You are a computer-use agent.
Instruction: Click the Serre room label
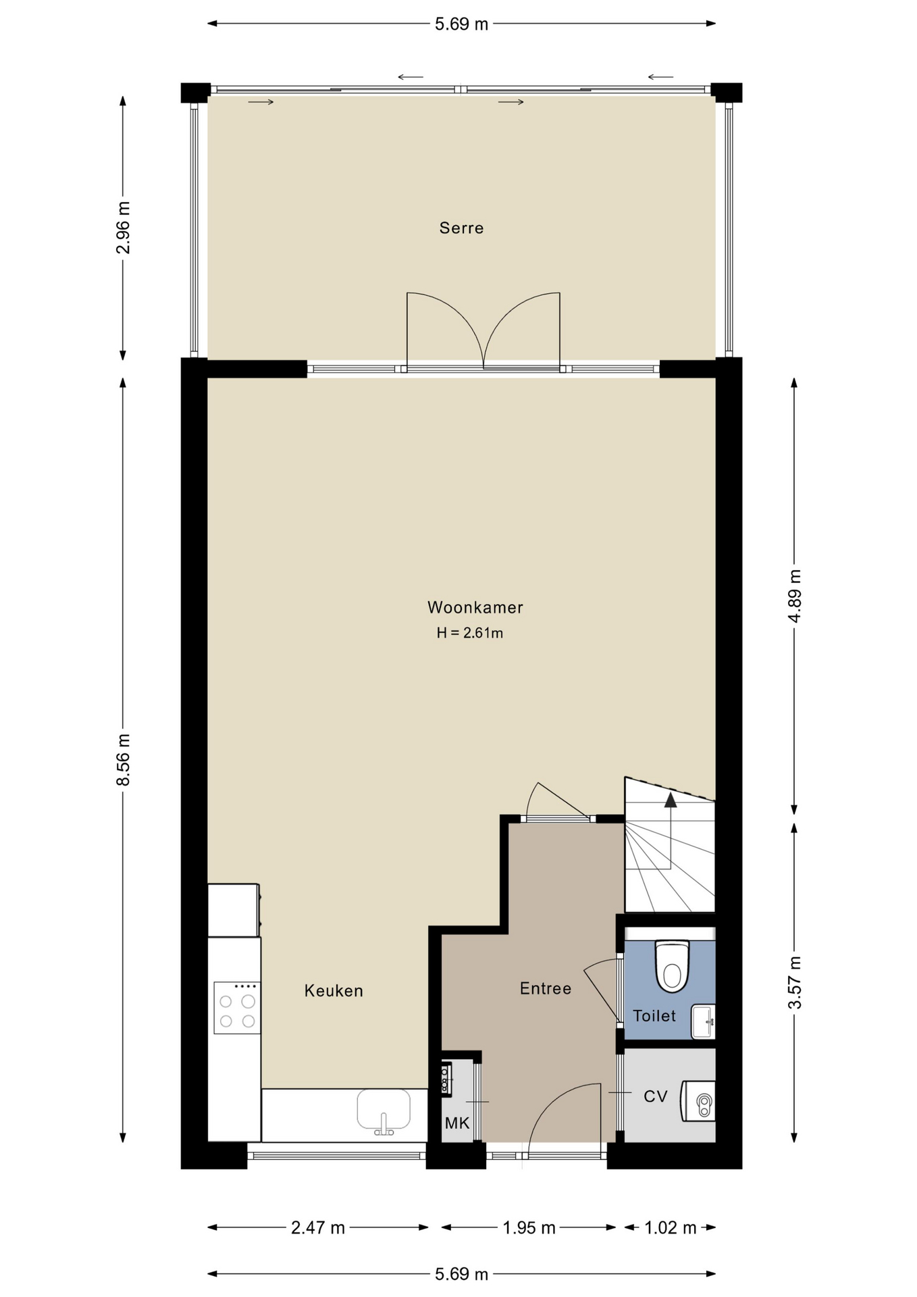coord(461,228)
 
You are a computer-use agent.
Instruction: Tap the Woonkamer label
coord(475,607)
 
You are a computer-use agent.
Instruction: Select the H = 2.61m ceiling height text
coord(470,633)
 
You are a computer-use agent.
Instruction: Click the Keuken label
coord(334,991)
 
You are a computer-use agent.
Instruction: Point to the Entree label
coord(546,989)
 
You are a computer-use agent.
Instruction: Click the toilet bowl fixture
coord(672,967)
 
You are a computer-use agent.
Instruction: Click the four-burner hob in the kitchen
coord(237,1008)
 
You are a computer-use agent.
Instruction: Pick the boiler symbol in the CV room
coord(698,1101)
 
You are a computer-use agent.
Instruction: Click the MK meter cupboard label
coord(457,1123)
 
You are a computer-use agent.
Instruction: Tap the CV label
coord(656,1096)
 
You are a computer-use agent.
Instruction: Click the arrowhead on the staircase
coord(671,800)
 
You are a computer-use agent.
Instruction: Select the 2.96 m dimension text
coord(123,228)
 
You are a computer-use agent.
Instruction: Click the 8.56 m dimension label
coord(123,759)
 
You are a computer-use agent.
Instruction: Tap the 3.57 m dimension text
coord(795,983)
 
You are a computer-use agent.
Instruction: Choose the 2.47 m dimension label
coord(318,1227)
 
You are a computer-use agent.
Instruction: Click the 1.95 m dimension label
coord(529,1227)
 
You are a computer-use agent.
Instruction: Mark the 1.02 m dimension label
coord(670,1227)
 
